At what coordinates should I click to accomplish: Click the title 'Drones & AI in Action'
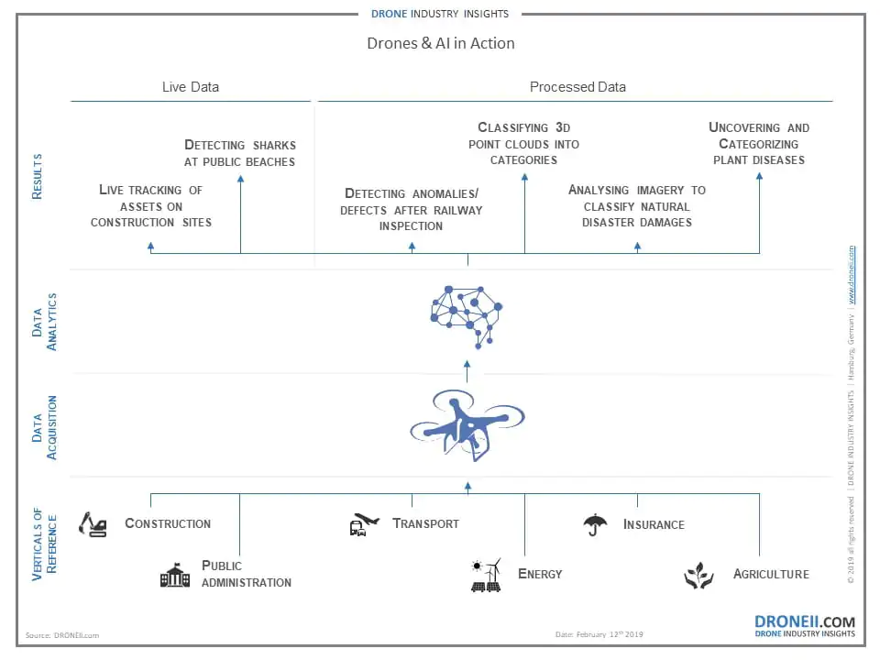pos(440,43)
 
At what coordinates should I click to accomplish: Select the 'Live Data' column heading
pos(191,87)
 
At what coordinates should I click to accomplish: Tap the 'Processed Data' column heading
pos(577,87)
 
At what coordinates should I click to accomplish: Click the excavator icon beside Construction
pos(93,523)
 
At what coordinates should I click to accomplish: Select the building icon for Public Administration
pos(175,575)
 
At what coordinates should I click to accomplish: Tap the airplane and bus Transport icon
pos(363,524)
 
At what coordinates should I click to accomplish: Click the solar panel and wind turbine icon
pos(486,576)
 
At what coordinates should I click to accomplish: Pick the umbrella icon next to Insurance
pos(595,524)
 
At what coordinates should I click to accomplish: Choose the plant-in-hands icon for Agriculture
pos(698,576)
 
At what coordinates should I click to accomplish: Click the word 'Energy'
pos(540,574)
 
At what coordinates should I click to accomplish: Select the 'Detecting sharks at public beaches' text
pos(240,153)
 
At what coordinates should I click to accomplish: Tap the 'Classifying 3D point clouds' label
pos(523,144)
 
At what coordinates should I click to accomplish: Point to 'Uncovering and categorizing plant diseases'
pos(759,144)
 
